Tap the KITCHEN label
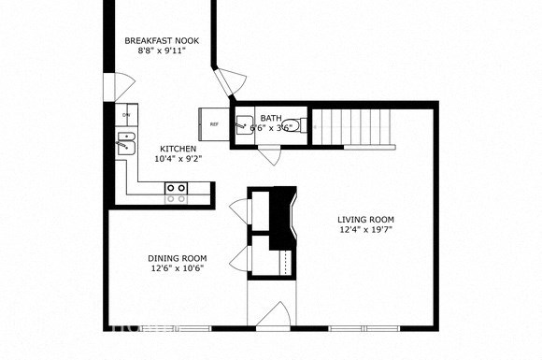tap(178, 149)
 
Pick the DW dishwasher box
tap(125, 116)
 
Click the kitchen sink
tap(125, 144)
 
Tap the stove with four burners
tap(176, 193)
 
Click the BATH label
tap(271, 118)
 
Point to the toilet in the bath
tap(292, 125)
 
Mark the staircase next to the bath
tap(353, 127)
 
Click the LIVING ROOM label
tap(366, 222)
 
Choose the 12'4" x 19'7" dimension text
tap(366, 233)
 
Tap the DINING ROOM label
tap(177, 258)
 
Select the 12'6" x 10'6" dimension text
tap(177, 268)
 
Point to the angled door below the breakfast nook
tap(224, 83)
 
